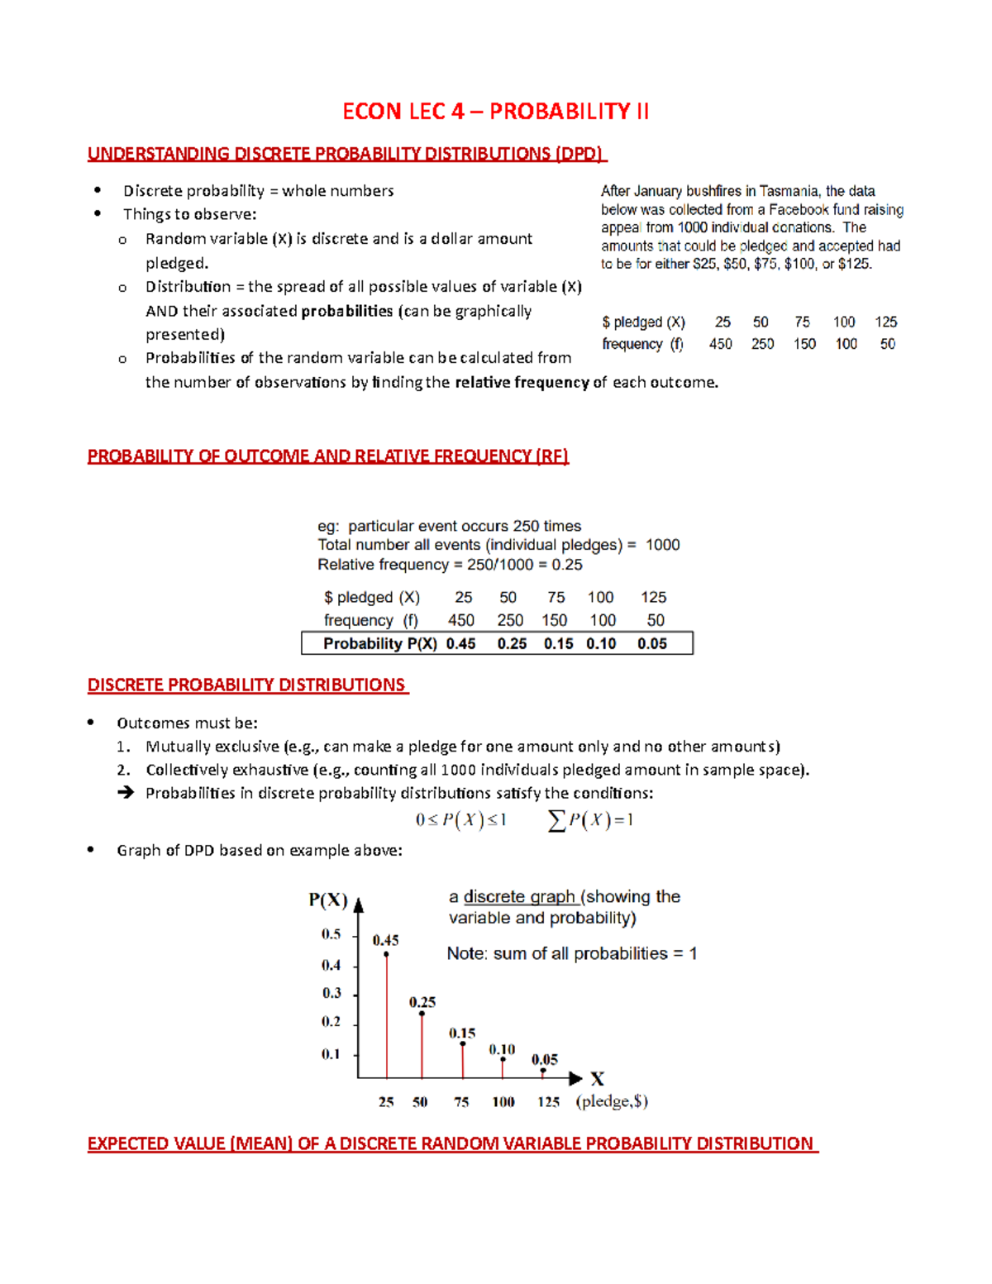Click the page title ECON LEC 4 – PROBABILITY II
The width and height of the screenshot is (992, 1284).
tap(496, 112)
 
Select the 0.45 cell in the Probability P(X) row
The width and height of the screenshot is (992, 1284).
tap(460, 644)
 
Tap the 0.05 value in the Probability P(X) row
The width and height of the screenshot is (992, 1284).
tap(651, 644)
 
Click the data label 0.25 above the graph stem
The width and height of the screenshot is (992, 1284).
tap(422, 1002)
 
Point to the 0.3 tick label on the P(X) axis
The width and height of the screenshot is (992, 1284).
tap(331, 993)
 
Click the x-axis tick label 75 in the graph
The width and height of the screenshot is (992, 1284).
tap(461, 1102)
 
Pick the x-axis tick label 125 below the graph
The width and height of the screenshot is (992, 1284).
tap(548, 1102)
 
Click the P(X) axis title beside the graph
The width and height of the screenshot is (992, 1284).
tap(328, 900)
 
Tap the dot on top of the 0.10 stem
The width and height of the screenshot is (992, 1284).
tap(503, 1060)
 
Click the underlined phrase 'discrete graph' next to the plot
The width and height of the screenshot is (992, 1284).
tap(519, 897)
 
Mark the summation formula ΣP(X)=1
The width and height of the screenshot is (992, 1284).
tap(590, 820)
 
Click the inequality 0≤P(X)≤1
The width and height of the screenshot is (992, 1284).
tap(460, 820)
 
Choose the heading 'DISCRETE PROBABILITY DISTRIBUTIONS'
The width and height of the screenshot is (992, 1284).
tap(246, 685)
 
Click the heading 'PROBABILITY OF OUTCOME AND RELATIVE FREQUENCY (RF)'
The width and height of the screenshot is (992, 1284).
tap(328, 456)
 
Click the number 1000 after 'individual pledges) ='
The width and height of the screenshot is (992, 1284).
tap(662, 545)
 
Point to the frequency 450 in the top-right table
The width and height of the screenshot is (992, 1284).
tap(720, 344)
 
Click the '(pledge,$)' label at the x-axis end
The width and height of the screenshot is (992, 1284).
tap(612, 1101)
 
